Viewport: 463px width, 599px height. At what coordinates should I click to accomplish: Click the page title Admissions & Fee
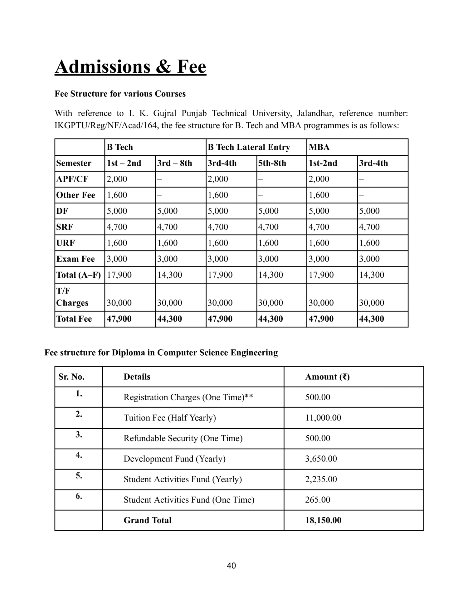pyautogui.click(x=130, y=66)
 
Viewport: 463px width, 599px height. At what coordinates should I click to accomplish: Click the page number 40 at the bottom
pyautogui.click(x=231, y=566)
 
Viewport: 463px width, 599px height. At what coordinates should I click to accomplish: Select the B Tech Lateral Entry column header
pyautogui.click(x=249, y=147)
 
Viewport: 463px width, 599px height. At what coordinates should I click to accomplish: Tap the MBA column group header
pyautogui.click(x=319, y=147)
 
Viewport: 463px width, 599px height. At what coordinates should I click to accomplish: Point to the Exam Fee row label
pyautogui.click(x=76, y=259)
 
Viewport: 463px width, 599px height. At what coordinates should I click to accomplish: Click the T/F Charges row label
pyautogui.click(x=72, y=297)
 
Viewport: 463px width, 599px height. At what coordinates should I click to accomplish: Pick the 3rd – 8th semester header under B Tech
pyautogui.click(x=174, y=163)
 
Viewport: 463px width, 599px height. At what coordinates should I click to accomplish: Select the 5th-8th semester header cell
pyautogui.click(x=272, y=163)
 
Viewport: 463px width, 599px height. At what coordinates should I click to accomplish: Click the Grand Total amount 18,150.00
pyautogui.click(x=323, y=520)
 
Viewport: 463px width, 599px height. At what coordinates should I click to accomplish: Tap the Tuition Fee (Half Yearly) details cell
pyautogui.click(x=170, y=418)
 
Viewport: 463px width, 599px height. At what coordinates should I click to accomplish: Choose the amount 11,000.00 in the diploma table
pyautogui.click(x=323, y=418)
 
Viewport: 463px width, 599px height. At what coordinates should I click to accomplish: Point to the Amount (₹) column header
pyautogui.click(x=327, y=377)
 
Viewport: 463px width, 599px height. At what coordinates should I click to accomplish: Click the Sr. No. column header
pyautogui.click(x=71, y=377)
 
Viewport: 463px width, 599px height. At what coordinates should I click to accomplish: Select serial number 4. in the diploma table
pyautogui.click(x=79, y=455)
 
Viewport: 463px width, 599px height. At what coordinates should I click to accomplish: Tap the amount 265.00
pyautogui.click(x=318, y=500)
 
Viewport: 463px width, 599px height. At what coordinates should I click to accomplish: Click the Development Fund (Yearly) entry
pyautogui.click(x=174, y=459)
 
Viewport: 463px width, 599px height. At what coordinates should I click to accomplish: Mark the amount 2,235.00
pyautogui.click(x=321, y=479)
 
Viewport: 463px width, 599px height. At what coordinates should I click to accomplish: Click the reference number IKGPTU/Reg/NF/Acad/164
pyautogui.click(x=106, y=126)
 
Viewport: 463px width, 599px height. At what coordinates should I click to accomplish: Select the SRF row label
pyautogui.click(x=65, y=227)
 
